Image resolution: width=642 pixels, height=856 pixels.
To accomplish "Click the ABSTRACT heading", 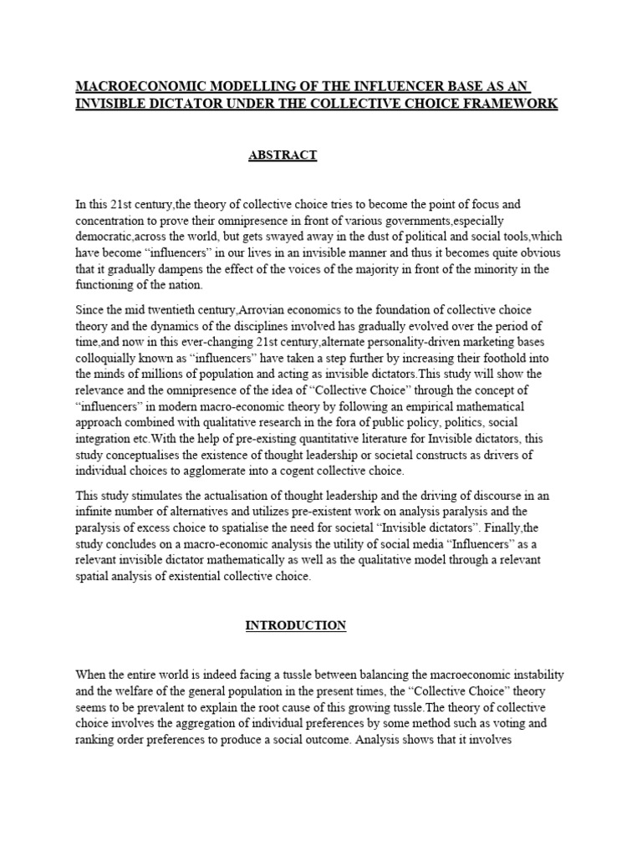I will [x=283, y=155].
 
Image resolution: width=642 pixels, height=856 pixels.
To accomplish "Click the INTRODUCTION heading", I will [x=295, y=625].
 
